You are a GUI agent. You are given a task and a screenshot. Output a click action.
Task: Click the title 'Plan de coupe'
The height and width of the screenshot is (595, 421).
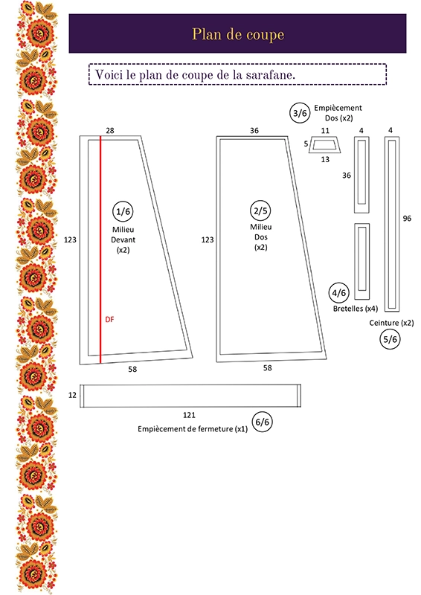point(238,34)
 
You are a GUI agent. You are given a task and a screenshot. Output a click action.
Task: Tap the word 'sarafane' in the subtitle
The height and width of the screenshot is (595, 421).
point(270,75)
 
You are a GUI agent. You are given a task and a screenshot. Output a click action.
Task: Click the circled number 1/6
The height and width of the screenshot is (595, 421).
point(123,211)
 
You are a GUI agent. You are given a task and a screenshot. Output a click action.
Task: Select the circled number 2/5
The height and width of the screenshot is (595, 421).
point(260,210)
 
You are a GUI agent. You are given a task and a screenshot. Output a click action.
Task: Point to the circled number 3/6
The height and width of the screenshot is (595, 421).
point(300,113)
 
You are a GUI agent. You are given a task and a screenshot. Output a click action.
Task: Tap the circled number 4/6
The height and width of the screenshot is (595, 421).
point(339,293)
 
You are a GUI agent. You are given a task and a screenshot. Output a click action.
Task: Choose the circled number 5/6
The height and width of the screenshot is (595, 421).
point(390,339)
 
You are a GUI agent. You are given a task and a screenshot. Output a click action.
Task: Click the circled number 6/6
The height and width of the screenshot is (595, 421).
point(263,422)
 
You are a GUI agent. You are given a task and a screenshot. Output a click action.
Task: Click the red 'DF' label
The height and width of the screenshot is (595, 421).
point(109,320)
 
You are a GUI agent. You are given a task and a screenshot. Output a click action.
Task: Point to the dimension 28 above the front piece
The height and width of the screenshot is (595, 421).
point(109,131)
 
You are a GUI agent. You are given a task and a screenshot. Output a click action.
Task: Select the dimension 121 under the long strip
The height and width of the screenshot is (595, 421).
point(189,415)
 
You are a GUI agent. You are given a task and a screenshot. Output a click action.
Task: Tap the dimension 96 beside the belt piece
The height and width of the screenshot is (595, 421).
point(407,218)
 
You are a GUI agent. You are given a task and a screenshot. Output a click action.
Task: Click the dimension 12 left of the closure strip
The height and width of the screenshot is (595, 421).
point(72,395)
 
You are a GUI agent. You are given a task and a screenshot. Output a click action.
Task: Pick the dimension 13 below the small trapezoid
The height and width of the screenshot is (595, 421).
point(325,159)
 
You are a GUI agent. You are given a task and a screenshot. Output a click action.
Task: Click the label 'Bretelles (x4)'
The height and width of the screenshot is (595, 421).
point(356,309)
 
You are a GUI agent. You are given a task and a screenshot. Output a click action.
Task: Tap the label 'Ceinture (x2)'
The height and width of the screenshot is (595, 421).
point(391,323)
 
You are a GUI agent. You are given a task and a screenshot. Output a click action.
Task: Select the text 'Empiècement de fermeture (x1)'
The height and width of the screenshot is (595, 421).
point(193,429)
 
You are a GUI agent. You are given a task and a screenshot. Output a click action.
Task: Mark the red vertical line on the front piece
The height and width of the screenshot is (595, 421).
point(100,250)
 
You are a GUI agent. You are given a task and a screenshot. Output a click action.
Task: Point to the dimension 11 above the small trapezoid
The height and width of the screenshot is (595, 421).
point(325,131)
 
